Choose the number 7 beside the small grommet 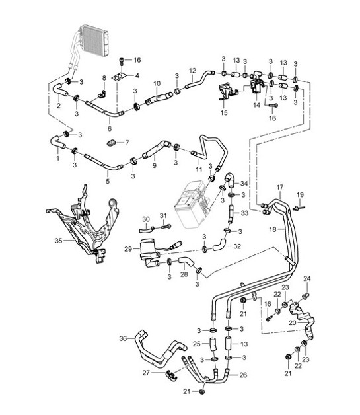[x=127, y=143]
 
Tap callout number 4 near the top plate [x=137, y=77]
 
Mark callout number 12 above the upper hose [x=192, y=71]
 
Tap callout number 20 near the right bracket [x=292, y=323]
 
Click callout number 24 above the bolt [x=306, y=278]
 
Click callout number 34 [x=244, y=183]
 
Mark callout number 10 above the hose [x=157, y=83]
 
